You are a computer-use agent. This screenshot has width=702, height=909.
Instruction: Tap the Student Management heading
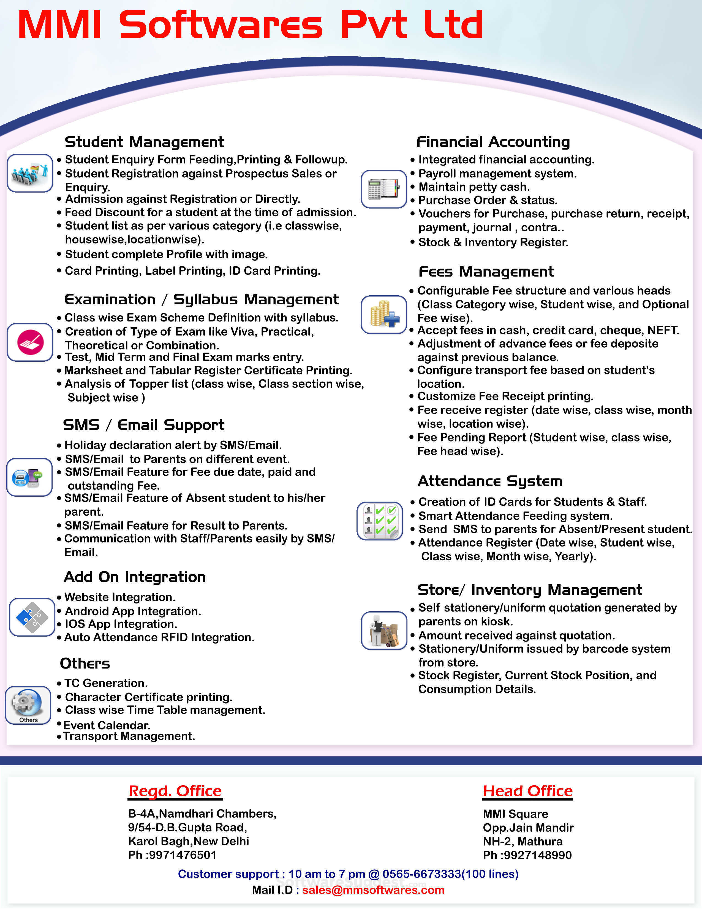pyautogui.click(x=144, y=142)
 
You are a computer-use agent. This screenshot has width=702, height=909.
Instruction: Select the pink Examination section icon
pyautogui.click(x=30, y=342)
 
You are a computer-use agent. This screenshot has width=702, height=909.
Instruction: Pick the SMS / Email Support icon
pyautogui.click(x=29, y=477)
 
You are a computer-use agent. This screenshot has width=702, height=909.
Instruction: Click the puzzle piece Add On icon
pyautogui.click(x=32, y=617)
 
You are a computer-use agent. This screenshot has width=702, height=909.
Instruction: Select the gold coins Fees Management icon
pyautogui.click(x=383, y=315)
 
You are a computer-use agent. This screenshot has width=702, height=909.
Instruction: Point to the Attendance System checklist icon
pyautogui.click(x=380, y=521)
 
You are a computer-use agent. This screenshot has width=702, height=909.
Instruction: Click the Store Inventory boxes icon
pyautogui.click(x=384, y=631)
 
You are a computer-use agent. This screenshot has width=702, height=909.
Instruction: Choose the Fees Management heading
pyautogui.click(x=486, y=271)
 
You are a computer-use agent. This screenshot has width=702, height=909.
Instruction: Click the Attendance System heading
pyautogui.click(x=489, y=481)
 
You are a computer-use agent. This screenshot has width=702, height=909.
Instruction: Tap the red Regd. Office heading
pyautogui.click(x=175, y=791)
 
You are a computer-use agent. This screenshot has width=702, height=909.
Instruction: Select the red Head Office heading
pyautogui.click(x=527, y=791)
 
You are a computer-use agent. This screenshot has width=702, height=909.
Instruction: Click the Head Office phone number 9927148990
pyautogui.click(x=537, y=855)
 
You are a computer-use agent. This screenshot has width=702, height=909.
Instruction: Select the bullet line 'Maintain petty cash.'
pyautogui.click(x=474, y=187)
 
